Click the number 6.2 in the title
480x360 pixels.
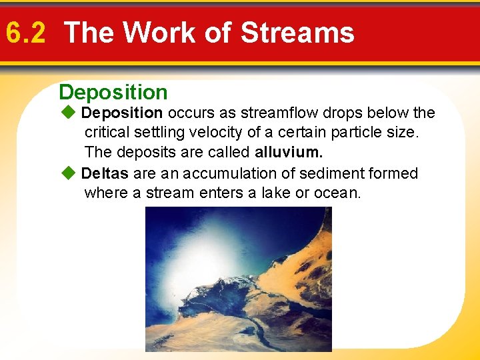click(x=25, y=32)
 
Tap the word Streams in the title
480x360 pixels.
click(x=297, y=32)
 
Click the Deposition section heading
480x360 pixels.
click(x=113, y=92)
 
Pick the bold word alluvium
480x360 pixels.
click(x=293, y=153)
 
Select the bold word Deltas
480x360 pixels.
click(x=105, y=173)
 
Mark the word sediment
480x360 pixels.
click(x=327, y=173)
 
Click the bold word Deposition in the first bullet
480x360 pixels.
click(x=122, y=113)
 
